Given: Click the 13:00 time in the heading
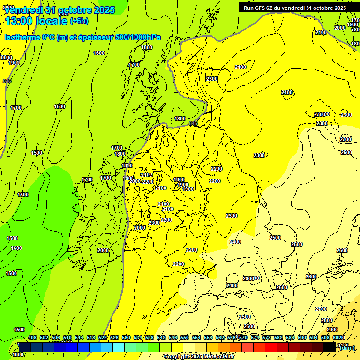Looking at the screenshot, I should tap(18, 21).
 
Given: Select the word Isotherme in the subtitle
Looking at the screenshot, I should tap(22, 37).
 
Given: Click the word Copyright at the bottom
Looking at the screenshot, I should tap(176, 357).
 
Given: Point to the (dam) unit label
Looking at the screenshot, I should tap(347, 348).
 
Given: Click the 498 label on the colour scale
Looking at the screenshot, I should tap(32, 338).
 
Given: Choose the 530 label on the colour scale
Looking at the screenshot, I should tap(126, 338).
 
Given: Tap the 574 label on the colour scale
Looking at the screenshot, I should tap(255, 338).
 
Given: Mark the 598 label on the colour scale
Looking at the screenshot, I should tap(325, 338).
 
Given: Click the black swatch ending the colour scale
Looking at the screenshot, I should tap(329, 347).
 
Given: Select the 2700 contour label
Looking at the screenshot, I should tap(321, 309).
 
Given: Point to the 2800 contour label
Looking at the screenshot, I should tap(327, 320).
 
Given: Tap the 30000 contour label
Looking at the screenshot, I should tap(6, 57).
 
